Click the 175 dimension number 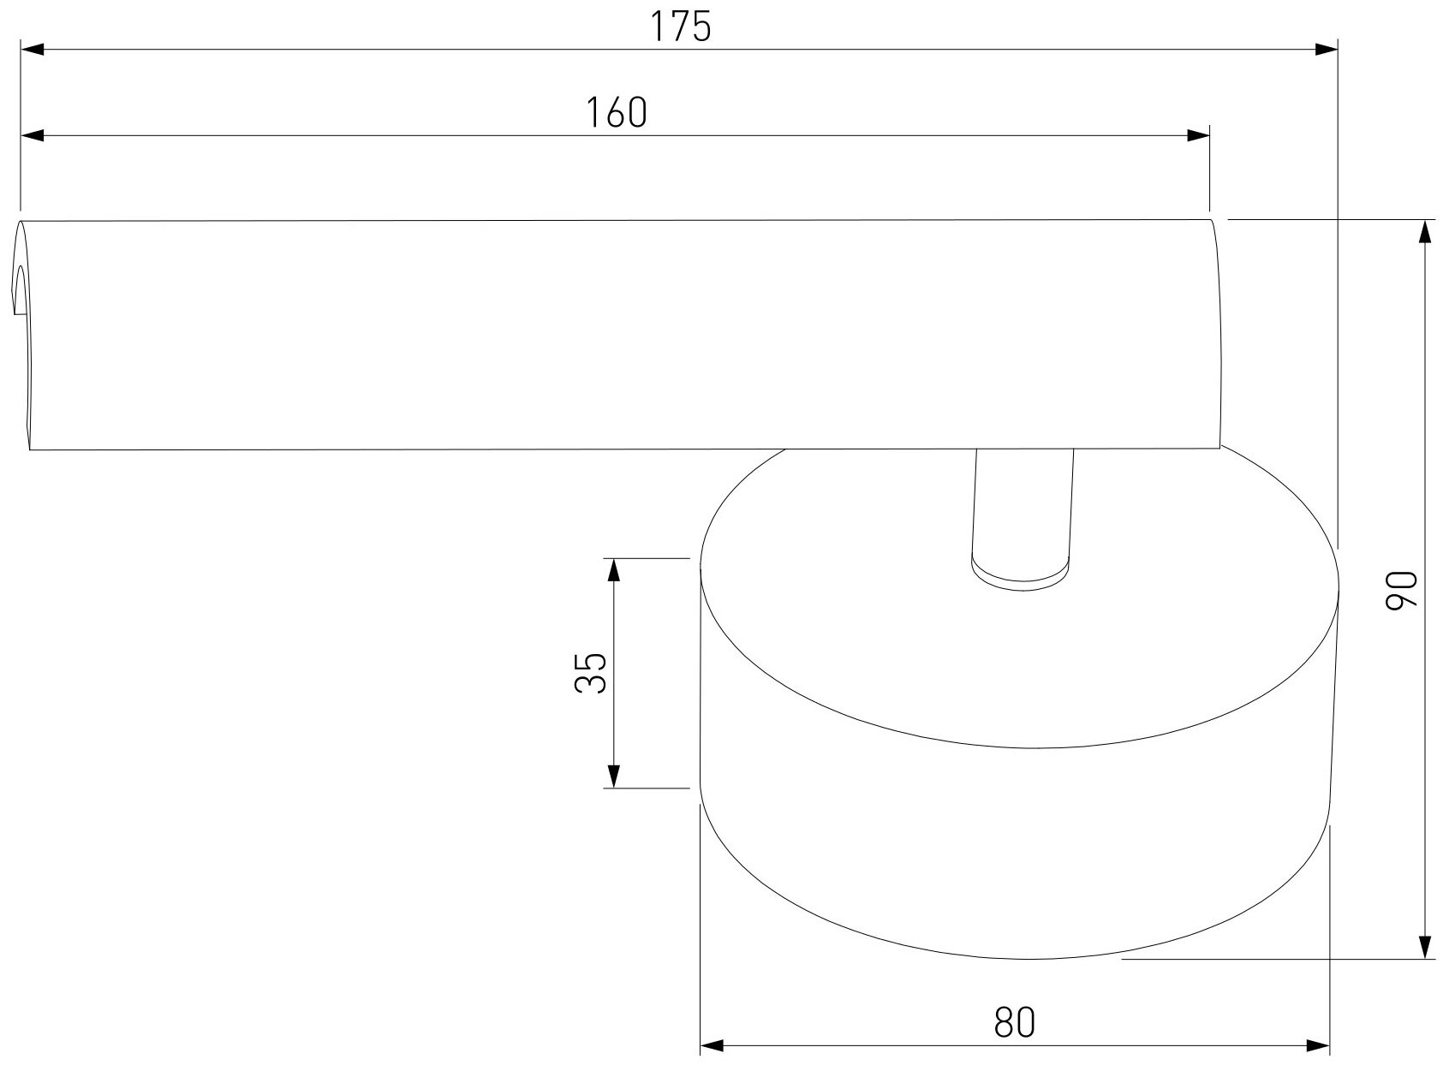coord(680,27)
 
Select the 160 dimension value coord(616,112)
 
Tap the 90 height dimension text coord(1401,590)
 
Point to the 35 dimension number coord(591,673)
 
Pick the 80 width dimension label coord(1014,1022)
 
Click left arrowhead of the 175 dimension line coord(33,49)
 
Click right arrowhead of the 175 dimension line coord(1326,49)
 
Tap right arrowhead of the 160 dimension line coord(1198,136)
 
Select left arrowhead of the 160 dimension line coord(33,136)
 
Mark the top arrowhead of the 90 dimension coord(1424,231)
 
